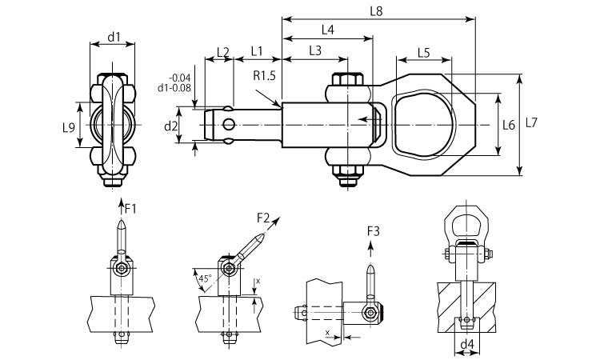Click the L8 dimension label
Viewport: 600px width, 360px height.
pos(377,10)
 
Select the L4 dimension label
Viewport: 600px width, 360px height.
pos(327,30)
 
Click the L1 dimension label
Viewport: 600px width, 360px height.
pos(258,50)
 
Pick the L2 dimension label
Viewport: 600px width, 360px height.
pos(223,52)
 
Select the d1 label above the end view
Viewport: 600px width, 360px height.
pos(114,37)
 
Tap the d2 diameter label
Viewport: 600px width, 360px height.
pos(170,126)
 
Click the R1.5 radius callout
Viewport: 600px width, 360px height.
pos(265,77)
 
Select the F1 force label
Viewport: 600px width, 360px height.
pos(130,209)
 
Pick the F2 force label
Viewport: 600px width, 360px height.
pos(264,217)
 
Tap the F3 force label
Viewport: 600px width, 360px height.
pos(374,231)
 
